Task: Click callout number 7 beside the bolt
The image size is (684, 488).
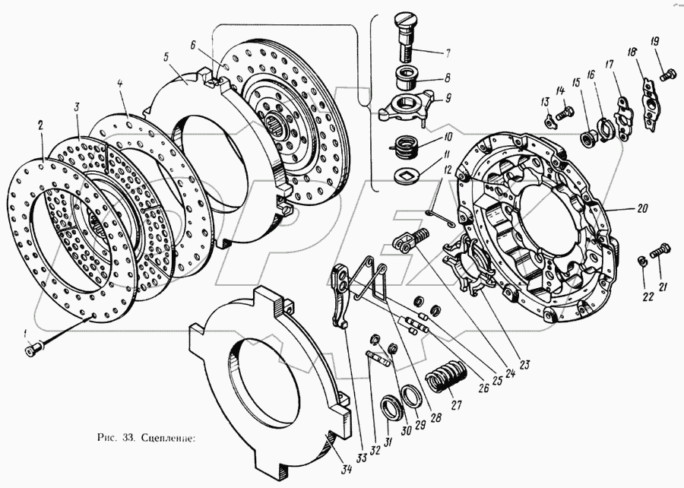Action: click(448, 53)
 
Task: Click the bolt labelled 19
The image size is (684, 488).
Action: click(668, 74)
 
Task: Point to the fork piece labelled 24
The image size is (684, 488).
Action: click(405, 242)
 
